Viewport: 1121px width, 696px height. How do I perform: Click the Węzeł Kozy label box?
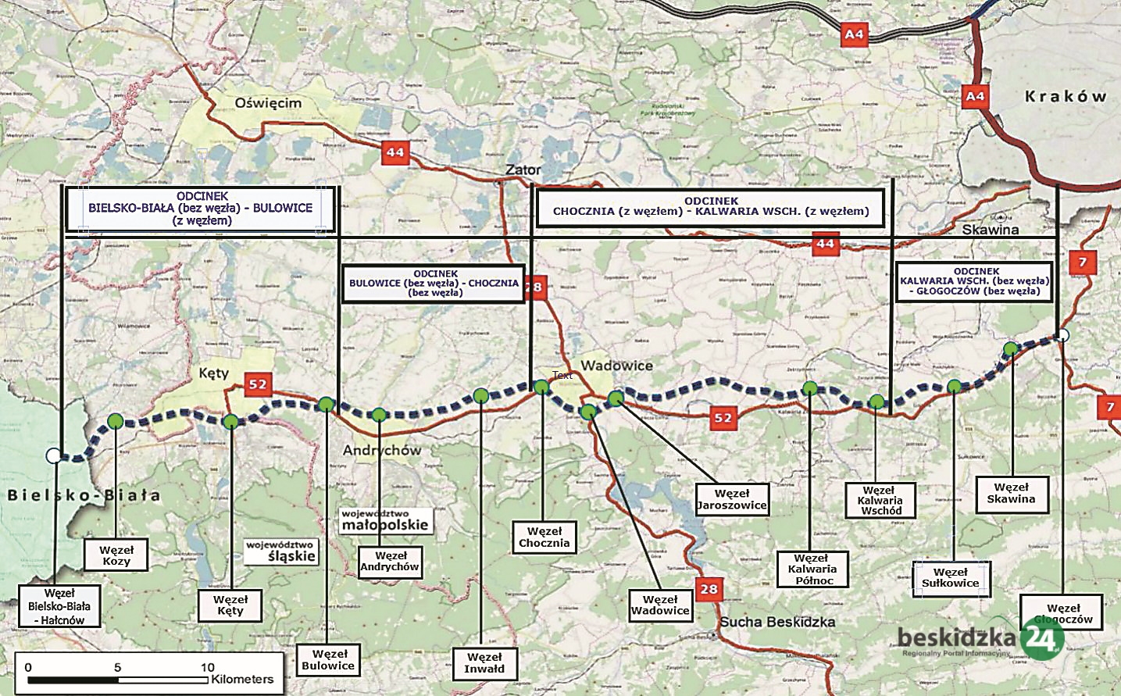(116, 555)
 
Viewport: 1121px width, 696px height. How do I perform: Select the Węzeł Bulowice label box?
(329, 660)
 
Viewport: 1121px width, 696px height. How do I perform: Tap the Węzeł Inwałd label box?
(484, 663)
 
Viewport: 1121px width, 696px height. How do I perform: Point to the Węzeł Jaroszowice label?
(732, 499)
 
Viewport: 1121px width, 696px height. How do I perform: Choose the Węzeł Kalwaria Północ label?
(812, 569)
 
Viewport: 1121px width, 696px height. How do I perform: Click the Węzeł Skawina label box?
(1011, 493)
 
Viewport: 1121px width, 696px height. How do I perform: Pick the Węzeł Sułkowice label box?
(950, 578)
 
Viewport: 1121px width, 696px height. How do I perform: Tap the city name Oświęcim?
(268, 103)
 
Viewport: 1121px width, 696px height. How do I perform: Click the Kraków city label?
(1066, 96)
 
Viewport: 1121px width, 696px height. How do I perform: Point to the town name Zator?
(523, 170)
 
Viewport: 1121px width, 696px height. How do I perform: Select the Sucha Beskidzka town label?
(777, 622)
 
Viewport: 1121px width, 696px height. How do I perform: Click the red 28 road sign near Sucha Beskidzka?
(709, 589)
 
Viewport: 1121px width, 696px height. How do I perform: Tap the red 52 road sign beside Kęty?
(258, 384)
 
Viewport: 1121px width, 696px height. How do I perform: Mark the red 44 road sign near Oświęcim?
(395, 152)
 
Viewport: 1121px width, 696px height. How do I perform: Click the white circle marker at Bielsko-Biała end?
(53, 455)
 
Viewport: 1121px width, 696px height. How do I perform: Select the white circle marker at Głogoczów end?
(1062, 335)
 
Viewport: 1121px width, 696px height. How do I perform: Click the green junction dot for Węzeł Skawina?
(1010, 348)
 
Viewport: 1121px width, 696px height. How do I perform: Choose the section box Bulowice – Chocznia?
(434, 284)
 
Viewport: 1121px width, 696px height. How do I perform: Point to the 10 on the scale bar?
(207, 667)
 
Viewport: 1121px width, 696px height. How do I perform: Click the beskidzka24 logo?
(980, 640)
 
